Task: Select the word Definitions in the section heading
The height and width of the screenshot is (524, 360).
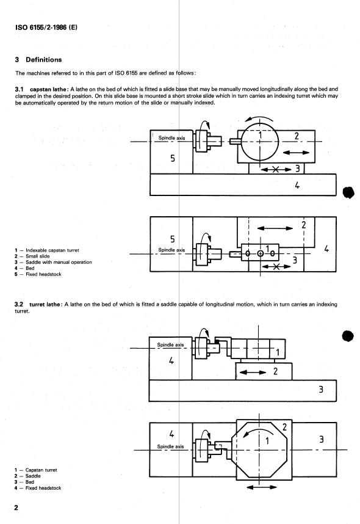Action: point(42,60)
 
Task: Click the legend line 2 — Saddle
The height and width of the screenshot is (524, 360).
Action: point(33,476)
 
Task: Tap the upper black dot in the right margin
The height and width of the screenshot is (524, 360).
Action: point(348,192)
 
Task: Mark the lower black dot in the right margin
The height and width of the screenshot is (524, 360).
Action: point(348,336)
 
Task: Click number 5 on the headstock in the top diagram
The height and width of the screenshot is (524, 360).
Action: point(173,159)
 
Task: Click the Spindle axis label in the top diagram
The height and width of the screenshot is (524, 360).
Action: point(171,138)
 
